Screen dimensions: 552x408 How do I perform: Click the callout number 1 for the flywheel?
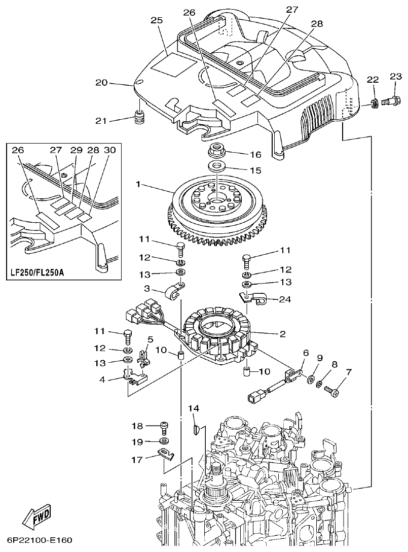138,185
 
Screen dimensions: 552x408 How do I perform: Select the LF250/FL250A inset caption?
37,272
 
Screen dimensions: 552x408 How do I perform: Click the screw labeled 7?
332,392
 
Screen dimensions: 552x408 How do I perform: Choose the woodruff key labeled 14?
196,430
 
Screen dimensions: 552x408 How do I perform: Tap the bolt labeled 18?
163,426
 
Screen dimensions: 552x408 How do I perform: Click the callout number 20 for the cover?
101,82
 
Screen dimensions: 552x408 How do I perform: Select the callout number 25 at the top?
157,20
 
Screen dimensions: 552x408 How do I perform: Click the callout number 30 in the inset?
109,150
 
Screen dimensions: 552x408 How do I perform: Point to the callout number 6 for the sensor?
306,353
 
